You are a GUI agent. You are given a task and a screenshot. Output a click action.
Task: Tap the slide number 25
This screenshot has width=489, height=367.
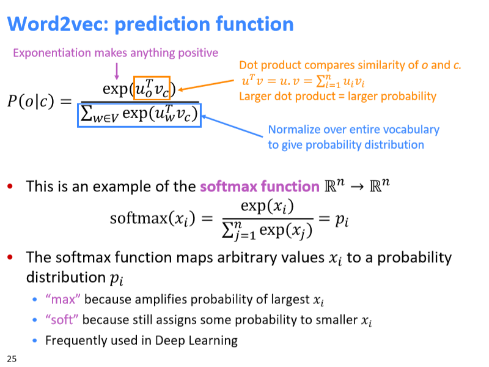[x=12, y=359]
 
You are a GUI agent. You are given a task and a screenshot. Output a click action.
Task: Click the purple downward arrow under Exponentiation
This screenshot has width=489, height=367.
[x=117, y=71]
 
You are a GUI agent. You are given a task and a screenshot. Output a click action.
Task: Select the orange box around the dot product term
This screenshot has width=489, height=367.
[x=134, y=88]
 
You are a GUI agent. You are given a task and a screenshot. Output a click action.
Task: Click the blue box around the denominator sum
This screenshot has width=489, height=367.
[x=78, y=115]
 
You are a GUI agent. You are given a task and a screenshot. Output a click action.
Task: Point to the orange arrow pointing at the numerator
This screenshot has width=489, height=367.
[x=206, y=85]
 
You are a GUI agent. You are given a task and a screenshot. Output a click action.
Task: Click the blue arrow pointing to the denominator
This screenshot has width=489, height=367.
[x=232, y=126]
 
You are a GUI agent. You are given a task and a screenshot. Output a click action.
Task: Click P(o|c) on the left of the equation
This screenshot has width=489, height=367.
[x=31, y=101]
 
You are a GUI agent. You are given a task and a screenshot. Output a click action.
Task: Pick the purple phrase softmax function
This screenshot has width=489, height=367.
[x=260, y=187]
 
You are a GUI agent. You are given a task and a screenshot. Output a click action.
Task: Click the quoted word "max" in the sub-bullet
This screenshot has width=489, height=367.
[x=63, y=299]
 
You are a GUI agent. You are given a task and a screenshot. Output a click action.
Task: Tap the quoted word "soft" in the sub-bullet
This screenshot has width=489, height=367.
[x=62, y=319]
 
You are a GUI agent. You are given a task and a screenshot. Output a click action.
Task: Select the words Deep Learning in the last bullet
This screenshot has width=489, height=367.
[x=196, y=341]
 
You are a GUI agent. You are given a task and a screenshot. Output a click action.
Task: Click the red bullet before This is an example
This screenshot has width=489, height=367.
[x=10, y=187]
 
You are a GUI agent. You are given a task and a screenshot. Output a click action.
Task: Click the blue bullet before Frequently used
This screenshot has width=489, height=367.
[x=35, y=341]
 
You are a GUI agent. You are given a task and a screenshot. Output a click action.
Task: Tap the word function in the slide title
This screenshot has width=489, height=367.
[x=255, y=24]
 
